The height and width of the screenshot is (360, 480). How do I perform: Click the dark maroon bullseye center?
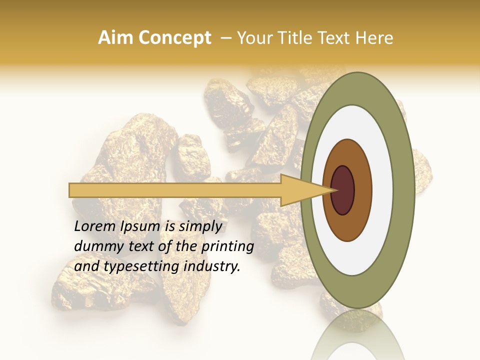tap(342, 190)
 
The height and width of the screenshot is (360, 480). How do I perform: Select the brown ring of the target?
tap(363, 190)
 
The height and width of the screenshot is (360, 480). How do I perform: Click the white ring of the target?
tap(385, 190)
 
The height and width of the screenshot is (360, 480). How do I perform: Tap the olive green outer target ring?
tap(406, 190)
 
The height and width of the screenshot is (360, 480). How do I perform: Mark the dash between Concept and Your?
tap(225, 38)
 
